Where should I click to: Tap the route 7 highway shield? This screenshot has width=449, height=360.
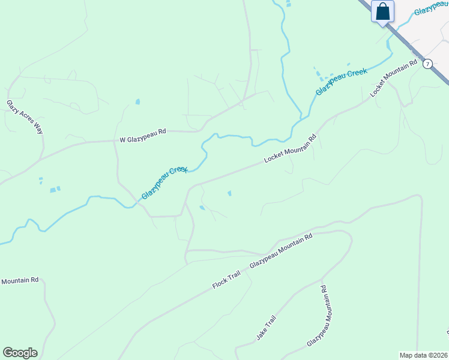[427, 64]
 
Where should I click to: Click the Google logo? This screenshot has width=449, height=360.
[20, 353]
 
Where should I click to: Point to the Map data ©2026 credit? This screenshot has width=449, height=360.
[423, 355]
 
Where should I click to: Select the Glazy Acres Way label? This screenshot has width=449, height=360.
[25, 117]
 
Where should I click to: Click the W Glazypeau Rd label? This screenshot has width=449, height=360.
[142, 140]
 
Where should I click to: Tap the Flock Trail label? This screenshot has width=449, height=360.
[226, 280]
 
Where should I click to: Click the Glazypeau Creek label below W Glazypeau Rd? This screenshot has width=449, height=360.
[164, 183]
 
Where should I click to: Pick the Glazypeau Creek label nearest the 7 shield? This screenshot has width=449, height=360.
[341, 82]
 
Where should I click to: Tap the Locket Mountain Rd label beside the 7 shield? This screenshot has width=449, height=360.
[394, 79]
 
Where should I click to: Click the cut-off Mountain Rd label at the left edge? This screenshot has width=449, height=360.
[19, 281]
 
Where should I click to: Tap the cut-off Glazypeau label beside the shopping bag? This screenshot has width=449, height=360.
[431, 11]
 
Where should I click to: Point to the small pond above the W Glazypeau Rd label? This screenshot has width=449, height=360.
[137, 101]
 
